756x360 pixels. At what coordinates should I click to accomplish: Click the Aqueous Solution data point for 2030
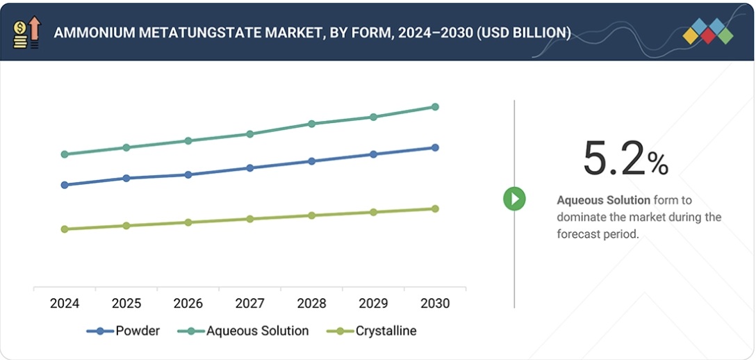[x=435, y=107]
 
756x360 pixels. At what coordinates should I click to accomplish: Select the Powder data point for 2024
[x=65, y=185]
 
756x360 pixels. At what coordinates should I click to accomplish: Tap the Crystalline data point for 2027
[x=249, y=219]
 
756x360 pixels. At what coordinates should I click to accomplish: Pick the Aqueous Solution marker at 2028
[x=311, y=124]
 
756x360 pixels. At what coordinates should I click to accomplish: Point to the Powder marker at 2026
[x=188, y=174]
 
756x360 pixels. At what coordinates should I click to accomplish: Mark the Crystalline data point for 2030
[x=435, y=208]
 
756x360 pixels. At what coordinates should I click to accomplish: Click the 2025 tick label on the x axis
[x=126, y=304]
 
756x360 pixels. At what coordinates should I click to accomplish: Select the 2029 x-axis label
[x=373, y=304]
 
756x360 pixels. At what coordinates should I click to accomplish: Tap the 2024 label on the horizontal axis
[x=65, y=304]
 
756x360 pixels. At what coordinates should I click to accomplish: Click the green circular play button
[x=514, y=199]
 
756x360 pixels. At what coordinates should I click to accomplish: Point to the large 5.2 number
[x=614, y=158]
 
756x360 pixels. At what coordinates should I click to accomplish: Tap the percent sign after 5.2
[x=658, y=164]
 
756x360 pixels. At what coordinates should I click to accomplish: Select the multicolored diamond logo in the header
[x=708, y=31]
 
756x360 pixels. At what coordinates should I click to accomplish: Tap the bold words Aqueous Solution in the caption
[x=603, y=200]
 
